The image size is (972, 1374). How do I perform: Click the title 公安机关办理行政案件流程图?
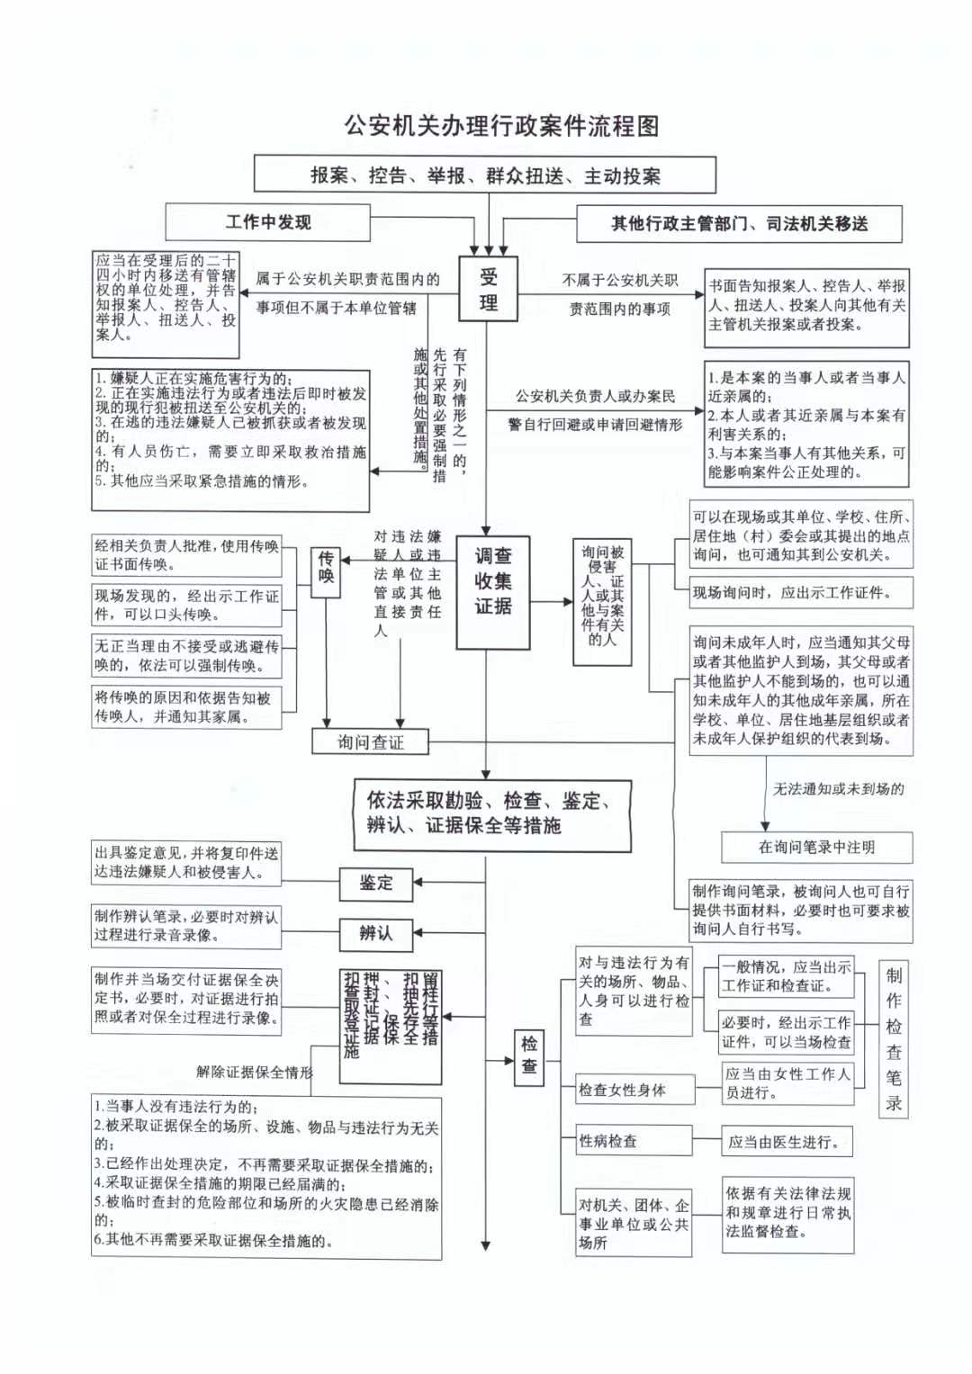point(501,125)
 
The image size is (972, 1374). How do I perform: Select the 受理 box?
point(488,290)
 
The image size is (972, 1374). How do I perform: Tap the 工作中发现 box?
point(267,222)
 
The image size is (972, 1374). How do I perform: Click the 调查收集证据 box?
point(492,593)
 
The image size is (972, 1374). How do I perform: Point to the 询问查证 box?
point(370,742)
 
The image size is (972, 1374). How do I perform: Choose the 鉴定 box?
point(375,883)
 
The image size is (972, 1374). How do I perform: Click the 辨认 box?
point(375,933)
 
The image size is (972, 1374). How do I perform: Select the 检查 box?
point(529,1055)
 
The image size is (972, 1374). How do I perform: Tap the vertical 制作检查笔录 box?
point(893,1039)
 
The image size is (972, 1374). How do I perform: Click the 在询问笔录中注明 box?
point(816,847)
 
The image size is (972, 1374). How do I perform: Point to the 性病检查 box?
point(634,1141)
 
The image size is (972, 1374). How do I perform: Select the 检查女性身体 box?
point(634,1090)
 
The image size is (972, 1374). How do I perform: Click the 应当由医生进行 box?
point(787,1142)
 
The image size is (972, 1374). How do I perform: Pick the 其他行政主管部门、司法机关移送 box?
point(739,224)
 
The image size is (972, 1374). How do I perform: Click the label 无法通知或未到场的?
point(838,789)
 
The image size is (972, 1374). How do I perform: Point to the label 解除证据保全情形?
point(254,1072)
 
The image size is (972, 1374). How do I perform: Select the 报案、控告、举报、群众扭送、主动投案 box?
point(485,175)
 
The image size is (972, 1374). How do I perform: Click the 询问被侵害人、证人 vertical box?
point(602,602)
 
